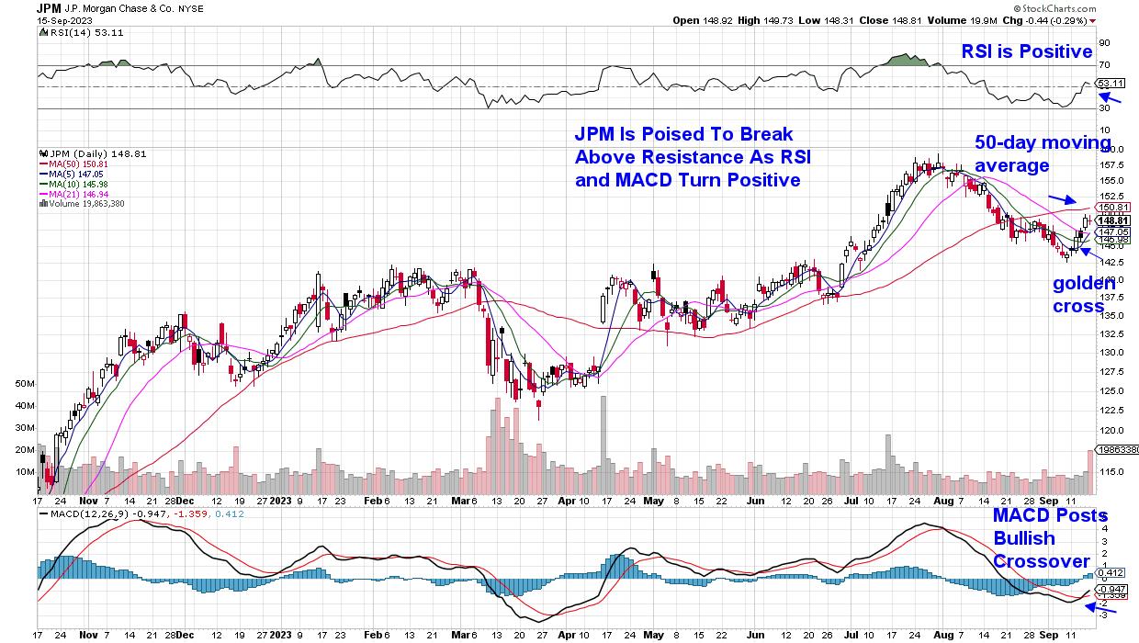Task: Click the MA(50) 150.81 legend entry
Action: pos(73,164)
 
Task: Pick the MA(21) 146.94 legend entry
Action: pos(73,194)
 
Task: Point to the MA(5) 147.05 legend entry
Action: pos(70,174)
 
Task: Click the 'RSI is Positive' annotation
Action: pos(1027,52)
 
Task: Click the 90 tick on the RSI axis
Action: pos(1104,42)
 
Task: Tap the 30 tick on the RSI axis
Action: pos(1104,108)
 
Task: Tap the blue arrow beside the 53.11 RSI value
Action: pos(1112,98)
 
